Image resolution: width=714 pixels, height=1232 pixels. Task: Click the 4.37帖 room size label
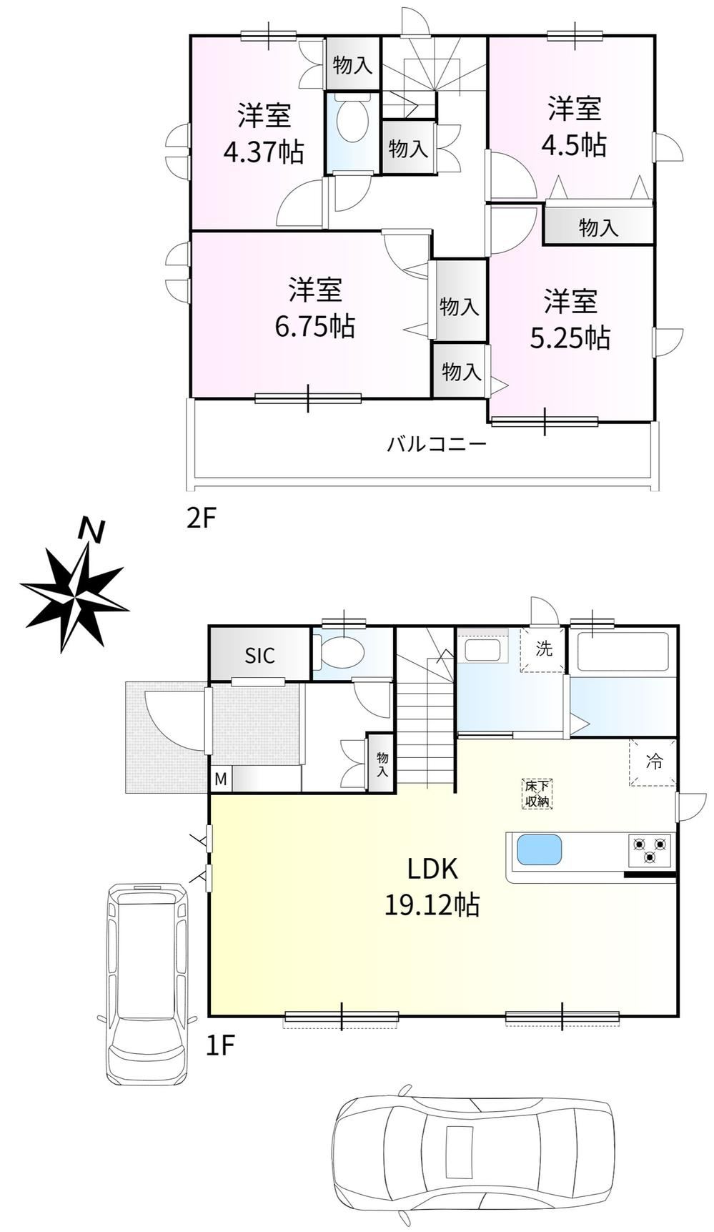tap(264, 152)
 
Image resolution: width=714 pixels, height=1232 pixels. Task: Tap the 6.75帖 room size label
tap(315, 326)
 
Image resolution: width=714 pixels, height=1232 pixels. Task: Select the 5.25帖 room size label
tap(570, 337)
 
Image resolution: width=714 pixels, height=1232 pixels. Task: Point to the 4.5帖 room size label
tap(574, 145)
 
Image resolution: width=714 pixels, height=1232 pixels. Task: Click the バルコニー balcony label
tap(437, 445)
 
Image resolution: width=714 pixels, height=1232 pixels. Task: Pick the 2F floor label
tap(201, 518)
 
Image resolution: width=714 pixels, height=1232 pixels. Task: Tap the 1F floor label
tap(220, 1046)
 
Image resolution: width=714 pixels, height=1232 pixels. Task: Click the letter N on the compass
tap(91, 531)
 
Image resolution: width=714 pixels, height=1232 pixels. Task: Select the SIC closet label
tap(259, 656)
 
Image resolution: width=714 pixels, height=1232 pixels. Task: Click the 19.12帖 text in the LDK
tap(432, 905)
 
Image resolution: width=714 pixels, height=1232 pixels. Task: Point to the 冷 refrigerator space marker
tap(653, 762)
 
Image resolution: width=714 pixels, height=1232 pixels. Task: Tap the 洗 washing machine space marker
tap(544, 649)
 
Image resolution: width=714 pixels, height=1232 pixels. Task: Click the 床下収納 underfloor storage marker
tap(537, 794)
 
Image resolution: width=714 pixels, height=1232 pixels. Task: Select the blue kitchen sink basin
tap(539, 850)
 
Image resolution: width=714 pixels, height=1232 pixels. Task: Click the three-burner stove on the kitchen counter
tap(650, 851)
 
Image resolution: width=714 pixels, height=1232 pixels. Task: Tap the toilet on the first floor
tap(342, 651)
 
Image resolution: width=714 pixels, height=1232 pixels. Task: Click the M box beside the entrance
tap(220, 779)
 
